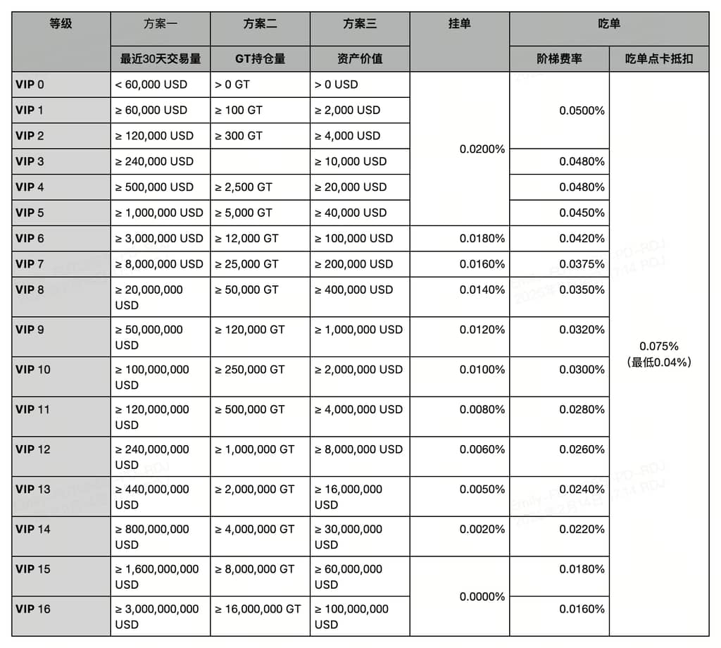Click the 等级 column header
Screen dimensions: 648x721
tap(61, 24)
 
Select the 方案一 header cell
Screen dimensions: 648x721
tap(160, 24)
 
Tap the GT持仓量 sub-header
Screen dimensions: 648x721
tap(260, 58)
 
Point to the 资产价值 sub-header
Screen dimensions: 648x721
tap(360, 58)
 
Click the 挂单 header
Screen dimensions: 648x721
tap(459, 24)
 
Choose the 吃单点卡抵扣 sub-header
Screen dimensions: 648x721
tap(658, 58)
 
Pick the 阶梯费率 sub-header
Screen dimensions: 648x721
tap(559, 58)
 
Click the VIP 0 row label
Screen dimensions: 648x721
tap(30, 85)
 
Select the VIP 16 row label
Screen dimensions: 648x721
tap(33, 609)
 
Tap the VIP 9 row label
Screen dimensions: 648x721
tap(30, 330)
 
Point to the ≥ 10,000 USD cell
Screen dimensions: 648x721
tap(351, 161)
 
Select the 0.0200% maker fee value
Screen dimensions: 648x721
tap(482, 149)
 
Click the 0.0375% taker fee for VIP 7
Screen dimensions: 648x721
tap(582, 264)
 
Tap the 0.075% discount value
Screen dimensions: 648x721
tap(658, 347)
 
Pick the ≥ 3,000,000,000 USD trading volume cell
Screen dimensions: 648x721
tap(157, 616)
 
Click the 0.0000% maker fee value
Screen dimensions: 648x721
tap(482, 597)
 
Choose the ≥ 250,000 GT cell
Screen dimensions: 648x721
tap(250, 370)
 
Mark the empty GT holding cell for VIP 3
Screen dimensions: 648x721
tap(260, 161)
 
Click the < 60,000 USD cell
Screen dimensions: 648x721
tap(151, 85)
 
